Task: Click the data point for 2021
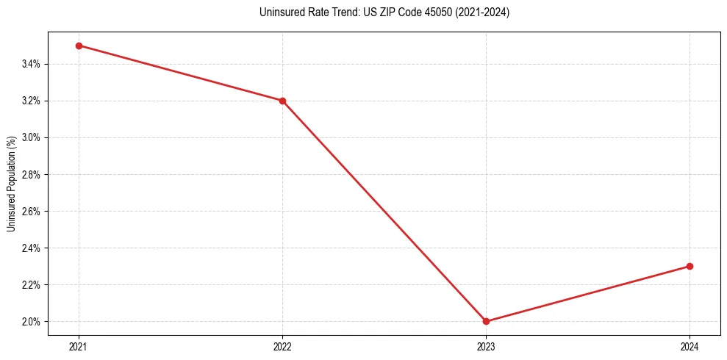[79, 46]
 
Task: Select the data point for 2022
[282, 101]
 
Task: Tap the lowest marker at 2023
[486, 321]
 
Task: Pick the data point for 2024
[690, 266]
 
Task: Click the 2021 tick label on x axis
[79, 346]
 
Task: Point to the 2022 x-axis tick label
[282, 346]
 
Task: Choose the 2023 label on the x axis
[486, 346]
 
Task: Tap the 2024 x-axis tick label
[690, 346]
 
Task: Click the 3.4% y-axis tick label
[31, 64]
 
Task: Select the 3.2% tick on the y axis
[31, 101]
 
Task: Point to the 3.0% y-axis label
[31, 137]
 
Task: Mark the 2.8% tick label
[31, 174]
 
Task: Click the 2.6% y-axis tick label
[31, 211]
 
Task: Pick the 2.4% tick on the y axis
[31, 248]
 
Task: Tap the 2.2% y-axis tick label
[31, 284]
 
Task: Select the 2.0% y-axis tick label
[31, 321]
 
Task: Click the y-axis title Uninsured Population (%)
[11, 183]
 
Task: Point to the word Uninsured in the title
[280, 12]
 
